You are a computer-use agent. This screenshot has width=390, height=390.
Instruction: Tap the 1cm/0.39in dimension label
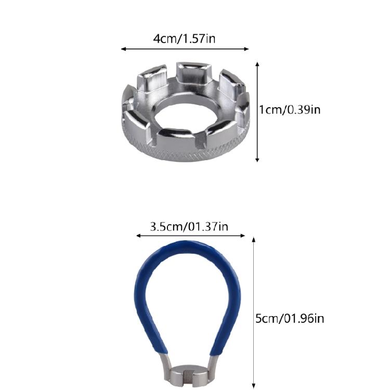pos(290,110)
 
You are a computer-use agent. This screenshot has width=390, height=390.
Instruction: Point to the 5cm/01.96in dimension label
pos(289,318)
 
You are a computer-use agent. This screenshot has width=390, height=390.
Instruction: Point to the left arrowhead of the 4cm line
pos(123,49)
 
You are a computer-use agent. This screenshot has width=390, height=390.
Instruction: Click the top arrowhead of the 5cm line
pos(254,239)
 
